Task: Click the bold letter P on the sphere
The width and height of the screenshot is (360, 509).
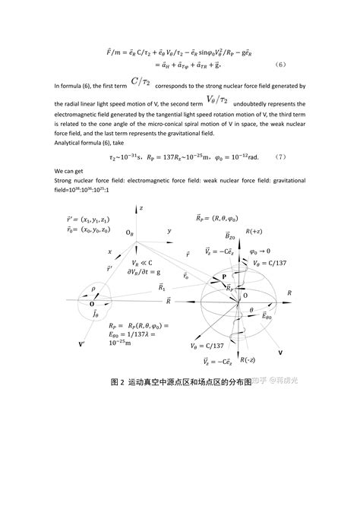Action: [x=223, y=278]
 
